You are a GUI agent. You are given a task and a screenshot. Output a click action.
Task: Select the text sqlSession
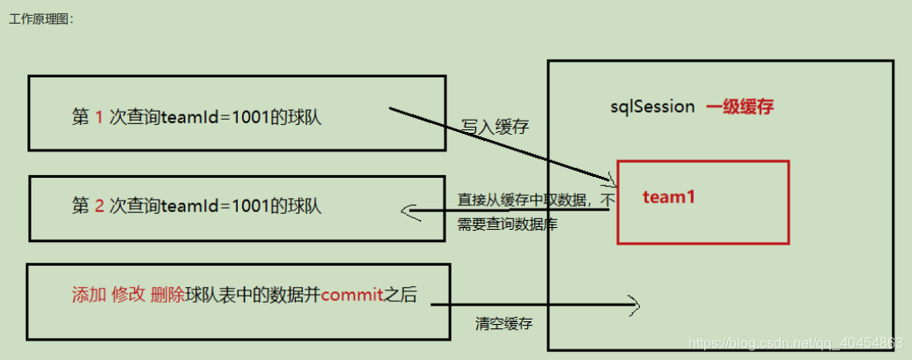click(653, 107)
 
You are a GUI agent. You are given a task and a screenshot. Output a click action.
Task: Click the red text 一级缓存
click(739, 107)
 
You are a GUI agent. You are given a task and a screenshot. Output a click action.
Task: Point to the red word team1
click(669, 197)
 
